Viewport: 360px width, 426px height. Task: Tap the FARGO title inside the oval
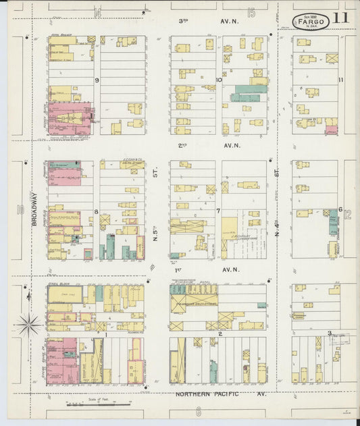(x=313, y=22)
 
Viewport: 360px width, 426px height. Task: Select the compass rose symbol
(x=30, y=324)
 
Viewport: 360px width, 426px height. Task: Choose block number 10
(x=218, y=80)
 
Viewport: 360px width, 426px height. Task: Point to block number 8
(x=97, y=211)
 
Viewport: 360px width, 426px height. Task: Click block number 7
(x=217, y=211)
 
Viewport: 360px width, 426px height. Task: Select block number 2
(x=220, y=334)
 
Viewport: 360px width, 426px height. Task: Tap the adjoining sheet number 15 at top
(x=251, y=13)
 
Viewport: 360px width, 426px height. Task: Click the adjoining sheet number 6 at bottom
(x=199, y=411)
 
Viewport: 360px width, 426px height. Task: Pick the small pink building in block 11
(x=331, y=129)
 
